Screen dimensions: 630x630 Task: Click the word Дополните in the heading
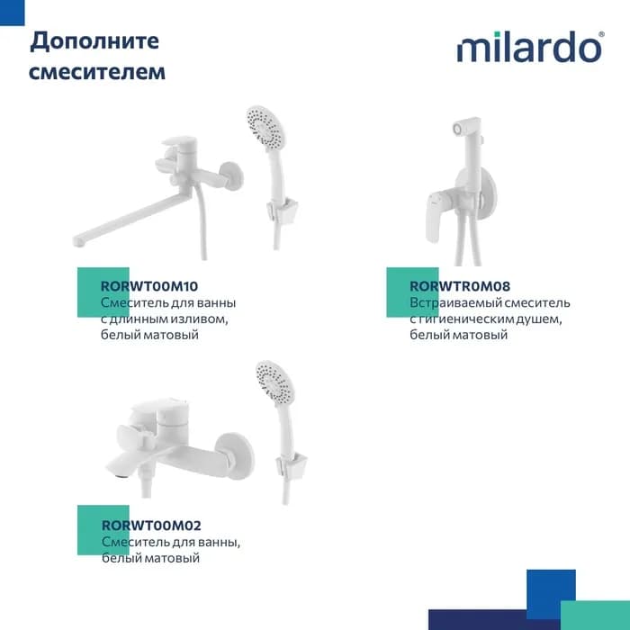(x=94, y=41)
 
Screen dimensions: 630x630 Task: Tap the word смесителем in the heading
(x=97, y=72)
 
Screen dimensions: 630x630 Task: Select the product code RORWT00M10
(x=149, y=286)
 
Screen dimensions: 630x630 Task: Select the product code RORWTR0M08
(x=460, y=286)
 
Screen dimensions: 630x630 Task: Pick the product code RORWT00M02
(x=151, y=525)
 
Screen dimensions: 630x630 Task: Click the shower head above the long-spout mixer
(x=265, y=127)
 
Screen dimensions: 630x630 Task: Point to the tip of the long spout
(x=78, y=240)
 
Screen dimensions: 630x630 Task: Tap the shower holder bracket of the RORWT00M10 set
(x=282, y=211)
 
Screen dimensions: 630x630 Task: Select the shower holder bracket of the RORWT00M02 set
(x=292, y=466)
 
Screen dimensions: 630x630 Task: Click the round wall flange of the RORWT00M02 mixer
(x=234, y=455)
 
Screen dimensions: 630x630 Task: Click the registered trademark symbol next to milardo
(x=601, y=35)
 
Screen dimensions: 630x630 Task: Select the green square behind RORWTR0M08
(x=412, y=292)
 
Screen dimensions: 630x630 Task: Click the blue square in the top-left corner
(x=12, y=13)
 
